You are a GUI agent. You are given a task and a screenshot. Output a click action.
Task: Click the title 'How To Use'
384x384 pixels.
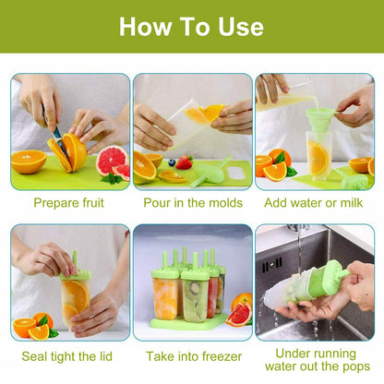tap(191, 25)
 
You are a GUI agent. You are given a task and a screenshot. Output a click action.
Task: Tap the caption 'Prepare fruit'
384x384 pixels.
tap(69, 202)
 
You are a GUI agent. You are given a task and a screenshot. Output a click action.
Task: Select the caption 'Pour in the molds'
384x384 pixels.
tap(192, 202)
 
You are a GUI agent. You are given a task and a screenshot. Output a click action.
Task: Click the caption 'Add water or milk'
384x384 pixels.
tap(314, 202)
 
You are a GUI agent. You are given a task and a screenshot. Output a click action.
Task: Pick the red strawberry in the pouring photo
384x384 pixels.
tap(184, 162)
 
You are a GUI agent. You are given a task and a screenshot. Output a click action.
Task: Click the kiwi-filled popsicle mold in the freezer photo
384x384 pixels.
tap(196, 296)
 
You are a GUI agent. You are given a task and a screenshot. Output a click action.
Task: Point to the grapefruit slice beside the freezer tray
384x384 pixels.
tap(238, 314)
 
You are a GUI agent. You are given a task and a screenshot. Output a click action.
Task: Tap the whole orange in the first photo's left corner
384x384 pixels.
tap(28, 162)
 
